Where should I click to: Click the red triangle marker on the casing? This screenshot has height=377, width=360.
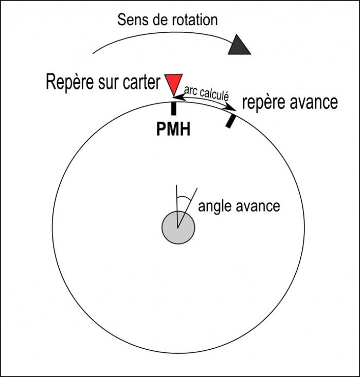tap(173, 83)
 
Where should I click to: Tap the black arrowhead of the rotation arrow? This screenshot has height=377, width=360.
tap(239, 46)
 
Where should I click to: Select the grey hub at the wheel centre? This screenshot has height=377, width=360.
tap(178, 228)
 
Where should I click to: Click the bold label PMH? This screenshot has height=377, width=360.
tap(173, 128)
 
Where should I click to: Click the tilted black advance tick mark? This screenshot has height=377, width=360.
tap(232, 120)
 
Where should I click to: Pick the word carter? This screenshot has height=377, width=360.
tap(139, 83)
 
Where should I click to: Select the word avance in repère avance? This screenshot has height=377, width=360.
tap(315, 102)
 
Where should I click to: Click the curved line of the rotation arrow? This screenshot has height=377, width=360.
tap(154, 39)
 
